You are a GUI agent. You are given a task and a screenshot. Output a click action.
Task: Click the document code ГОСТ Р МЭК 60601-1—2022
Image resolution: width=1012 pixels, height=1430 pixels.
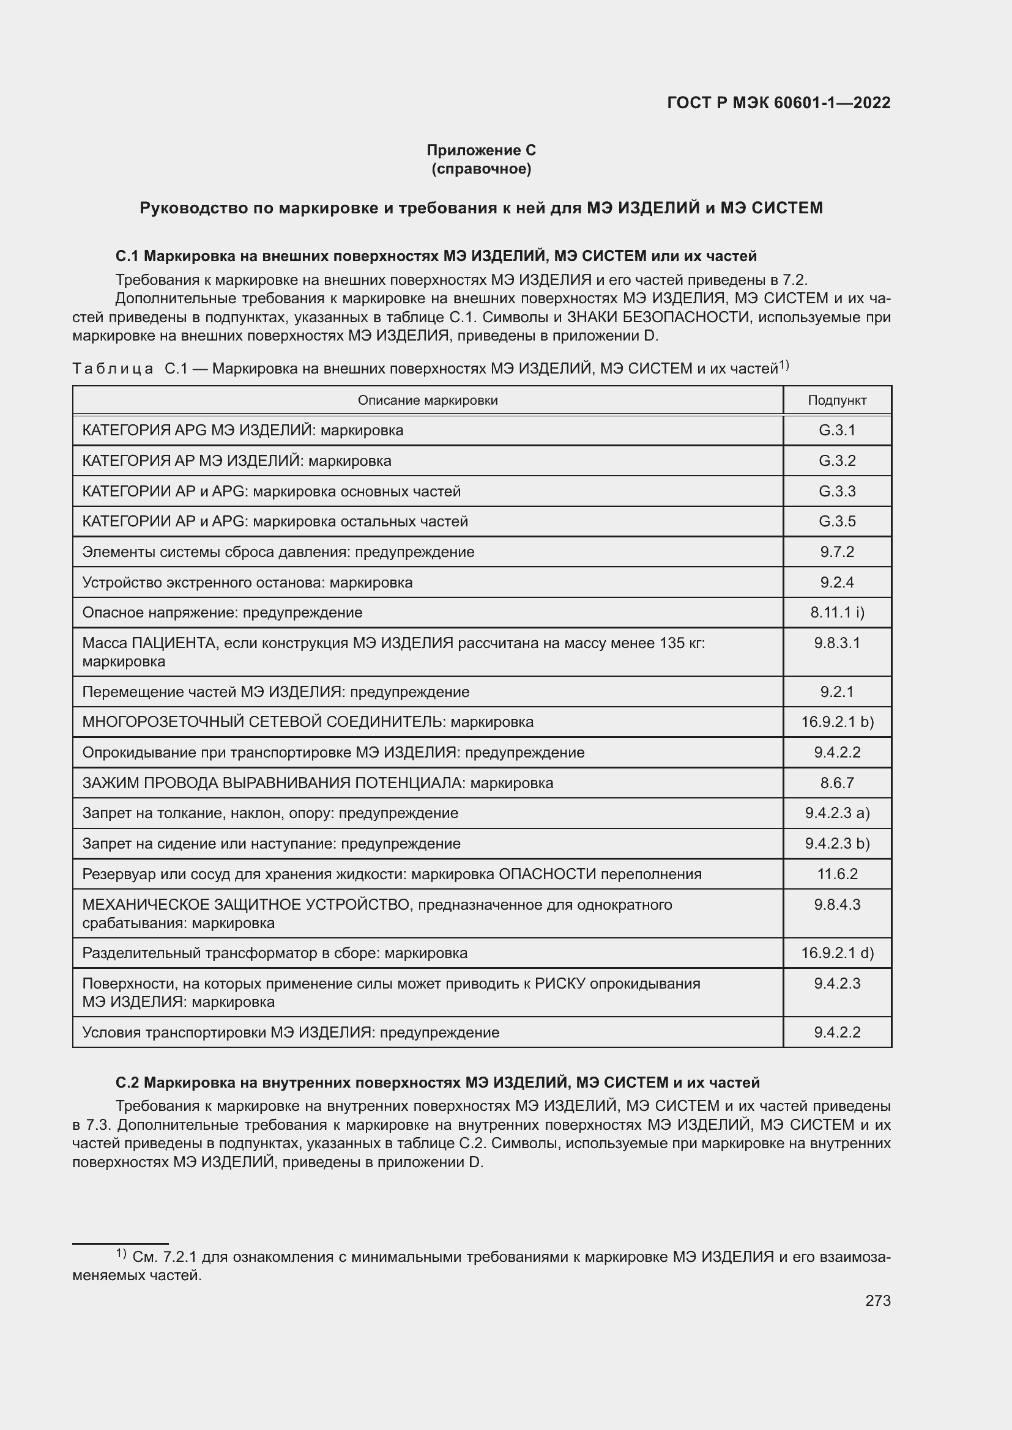pyautogui.click(x=778, y=103)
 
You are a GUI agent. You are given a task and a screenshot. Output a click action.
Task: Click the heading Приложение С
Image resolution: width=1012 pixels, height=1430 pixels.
pyautogui.click(x=481, y=150)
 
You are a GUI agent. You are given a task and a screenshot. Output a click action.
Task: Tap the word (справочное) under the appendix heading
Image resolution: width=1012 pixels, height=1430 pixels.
pyautogui.click(x=481, y=169)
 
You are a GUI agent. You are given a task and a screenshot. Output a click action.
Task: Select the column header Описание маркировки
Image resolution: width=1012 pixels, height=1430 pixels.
pyautogui.click(x=428, y=400)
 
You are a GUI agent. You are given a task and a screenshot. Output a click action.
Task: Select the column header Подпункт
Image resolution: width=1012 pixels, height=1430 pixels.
pyautogui.click(x=837, y=400)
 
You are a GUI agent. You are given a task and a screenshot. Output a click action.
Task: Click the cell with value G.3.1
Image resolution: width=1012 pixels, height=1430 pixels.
pyautogui.click(x=837, y=430)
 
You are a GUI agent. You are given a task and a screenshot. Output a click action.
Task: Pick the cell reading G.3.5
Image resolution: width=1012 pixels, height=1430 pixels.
pyautogui.click(x=837, y=522)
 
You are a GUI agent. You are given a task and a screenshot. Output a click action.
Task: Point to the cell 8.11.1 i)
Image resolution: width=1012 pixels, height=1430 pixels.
pyautogui.click(x=837, y=613)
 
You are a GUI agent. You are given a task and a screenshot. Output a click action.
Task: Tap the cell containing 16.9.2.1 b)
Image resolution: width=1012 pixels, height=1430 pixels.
pyautogui.click(x=837, y=722)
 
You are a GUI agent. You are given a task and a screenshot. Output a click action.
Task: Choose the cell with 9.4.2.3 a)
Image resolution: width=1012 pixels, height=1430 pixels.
pyautogui.click(x=837, y=813)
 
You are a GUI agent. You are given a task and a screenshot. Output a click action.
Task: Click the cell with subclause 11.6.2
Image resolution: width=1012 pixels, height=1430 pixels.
pyautogui.click(x=837, y=874)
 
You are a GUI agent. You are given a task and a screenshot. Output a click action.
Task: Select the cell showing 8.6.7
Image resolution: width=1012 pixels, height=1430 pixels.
pyautogui.click(x=837, y=783)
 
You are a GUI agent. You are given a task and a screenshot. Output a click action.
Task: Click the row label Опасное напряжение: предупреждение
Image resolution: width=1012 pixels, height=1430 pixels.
pyautogui.click(x=222, y=613)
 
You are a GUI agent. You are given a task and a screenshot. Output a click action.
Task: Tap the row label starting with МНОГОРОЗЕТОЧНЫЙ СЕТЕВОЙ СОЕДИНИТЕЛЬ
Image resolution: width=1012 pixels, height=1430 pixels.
pyautogui.click(x=308, y=722)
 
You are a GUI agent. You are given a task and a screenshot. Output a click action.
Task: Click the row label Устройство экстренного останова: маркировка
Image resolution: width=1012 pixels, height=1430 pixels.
pyautogui.click(x=247, y=583)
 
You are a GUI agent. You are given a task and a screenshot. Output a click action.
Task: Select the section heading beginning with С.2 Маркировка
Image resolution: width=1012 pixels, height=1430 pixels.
pyautogui.click(x=437, y=1083)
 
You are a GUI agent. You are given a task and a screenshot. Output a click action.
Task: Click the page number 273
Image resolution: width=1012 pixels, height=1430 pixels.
pyautogui.click(x=877, y=1301)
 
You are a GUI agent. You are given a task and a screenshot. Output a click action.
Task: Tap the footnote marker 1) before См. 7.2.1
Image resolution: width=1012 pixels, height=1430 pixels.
pyautogui.click(x=121, y=1254)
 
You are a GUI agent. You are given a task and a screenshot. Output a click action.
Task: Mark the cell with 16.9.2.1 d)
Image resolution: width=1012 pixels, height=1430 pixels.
pyautogui.click(x=837, y=954)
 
